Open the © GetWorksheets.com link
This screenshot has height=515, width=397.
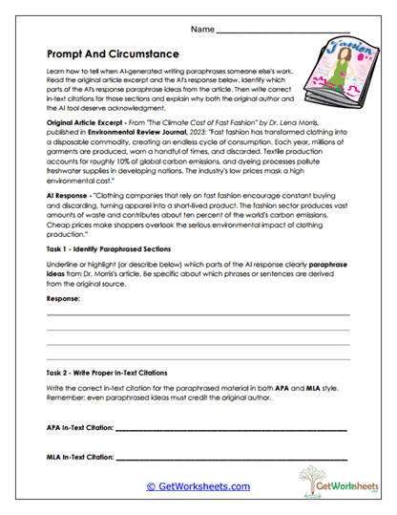(x=198, y=486)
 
